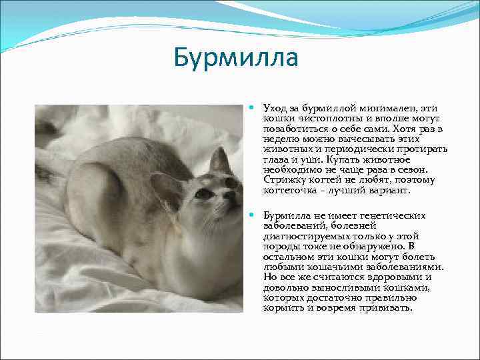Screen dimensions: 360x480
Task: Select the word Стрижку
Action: [x=283, y=180]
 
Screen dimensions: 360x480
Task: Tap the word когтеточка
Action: [x=291, y=190]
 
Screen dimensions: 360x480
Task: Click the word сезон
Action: [x=420, y=169]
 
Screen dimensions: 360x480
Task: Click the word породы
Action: [x=280, y=247]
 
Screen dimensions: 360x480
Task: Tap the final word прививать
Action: [x=389, y=309]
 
